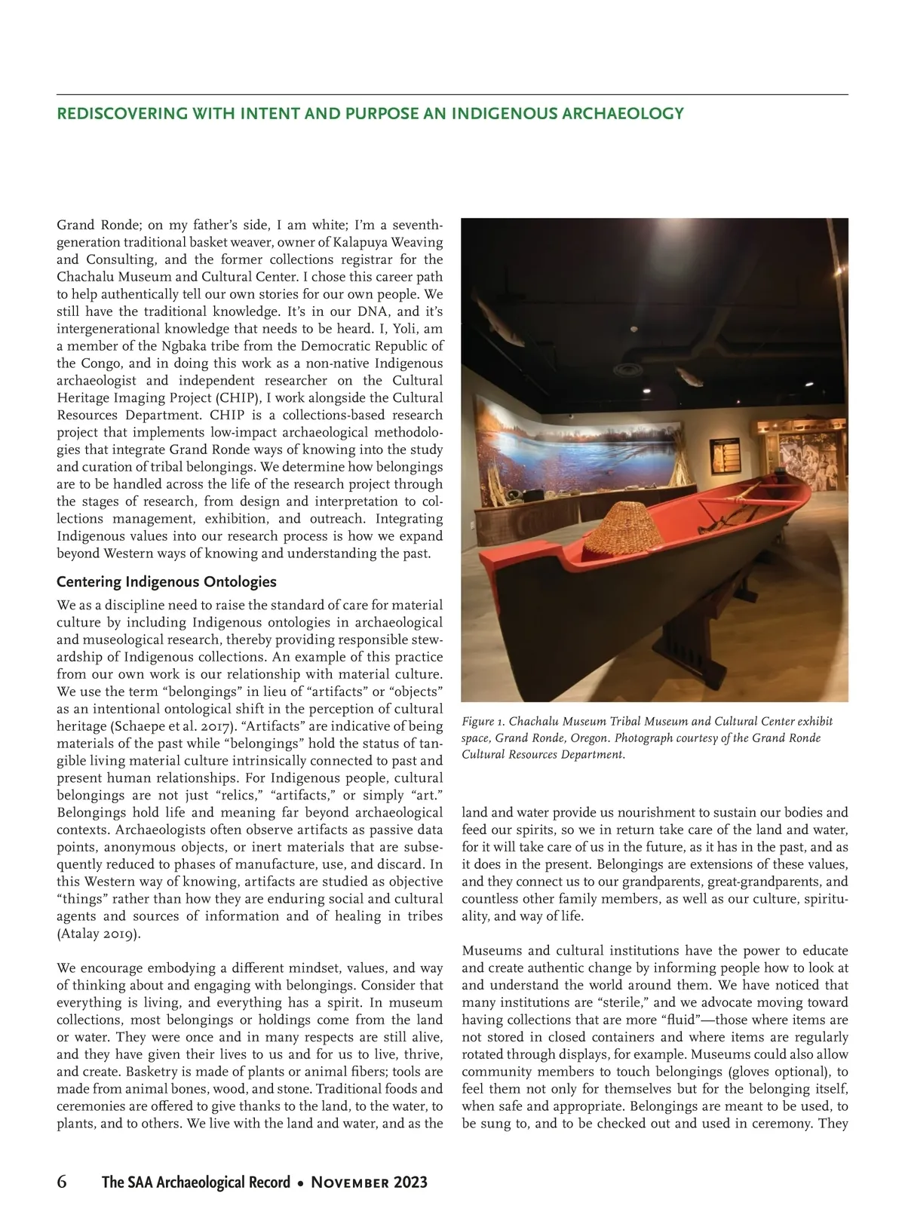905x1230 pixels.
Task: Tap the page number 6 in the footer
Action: (62, 1182)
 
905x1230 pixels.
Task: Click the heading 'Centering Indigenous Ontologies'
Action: (167, 582)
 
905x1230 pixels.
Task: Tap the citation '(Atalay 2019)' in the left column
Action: (99, 934)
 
